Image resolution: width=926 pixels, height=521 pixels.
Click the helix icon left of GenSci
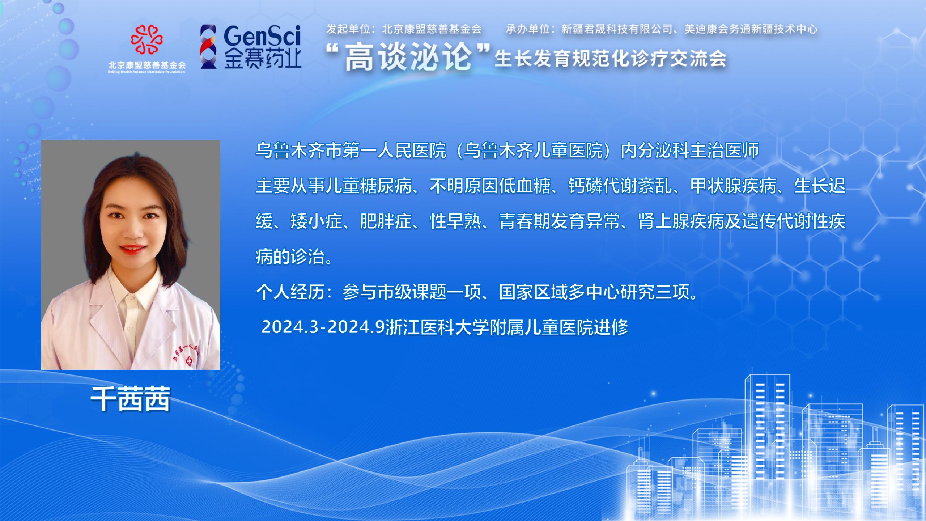(209, 46)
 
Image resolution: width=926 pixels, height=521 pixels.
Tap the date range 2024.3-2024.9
(323, 327)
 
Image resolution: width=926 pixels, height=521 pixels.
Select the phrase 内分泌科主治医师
(690, 151)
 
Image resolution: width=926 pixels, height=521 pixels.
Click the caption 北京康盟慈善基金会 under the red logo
(147, 65)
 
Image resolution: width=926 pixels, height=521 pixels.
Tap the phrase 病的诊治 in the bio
(290, 257)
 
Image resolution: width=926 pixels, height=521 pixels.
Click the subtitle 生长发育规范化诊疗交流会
(611, 59)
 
